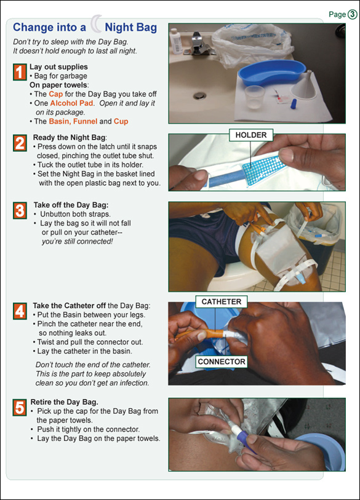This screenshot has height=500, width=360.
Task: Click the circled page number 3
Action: pyautogui.click(x=353, y=14)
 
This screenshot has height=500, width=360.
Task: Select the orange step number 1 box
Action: pyautogui.click(x=20, y=72)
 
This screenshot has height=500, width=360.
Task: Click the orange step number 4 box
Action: pyautogui.click(x=20, y=311)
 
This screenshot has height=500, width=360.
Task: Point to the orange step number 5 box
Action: pyautogui.click(x=20, y=408)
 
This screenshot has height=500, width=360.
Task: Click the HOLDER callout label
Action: pyautogui.click(x=251, y=135)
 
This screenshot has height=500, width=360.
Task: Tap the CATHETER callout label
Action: pyautogui.click(x=221, y=301)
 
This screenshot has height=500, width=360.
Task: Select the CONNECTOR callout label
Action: pyautogui.click(x=222, y=362)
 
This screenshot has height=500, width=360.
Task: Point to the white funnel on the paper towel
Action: pyautogui.click(x=303, y=85)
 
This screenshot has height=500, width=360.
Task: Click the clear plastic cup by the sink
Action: pyautogui.click(x=255, y=97)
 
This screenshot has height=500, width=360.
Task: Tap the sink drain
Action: pyautogui.click(x=200, y=95)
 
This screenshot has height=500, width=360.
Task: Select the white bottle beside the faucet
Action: pyautogui.click(x=176, y=41)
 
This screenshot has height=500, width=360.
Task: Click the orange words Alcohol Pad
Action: pyautogui.click(x=72, y=103)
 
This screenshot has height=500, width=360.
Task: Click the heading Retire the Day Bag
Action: pyautogui.click(x=64, y=402)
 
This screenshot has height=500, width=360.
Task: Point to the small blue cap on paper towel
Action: pyautogui.click(x=294, y=104)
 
